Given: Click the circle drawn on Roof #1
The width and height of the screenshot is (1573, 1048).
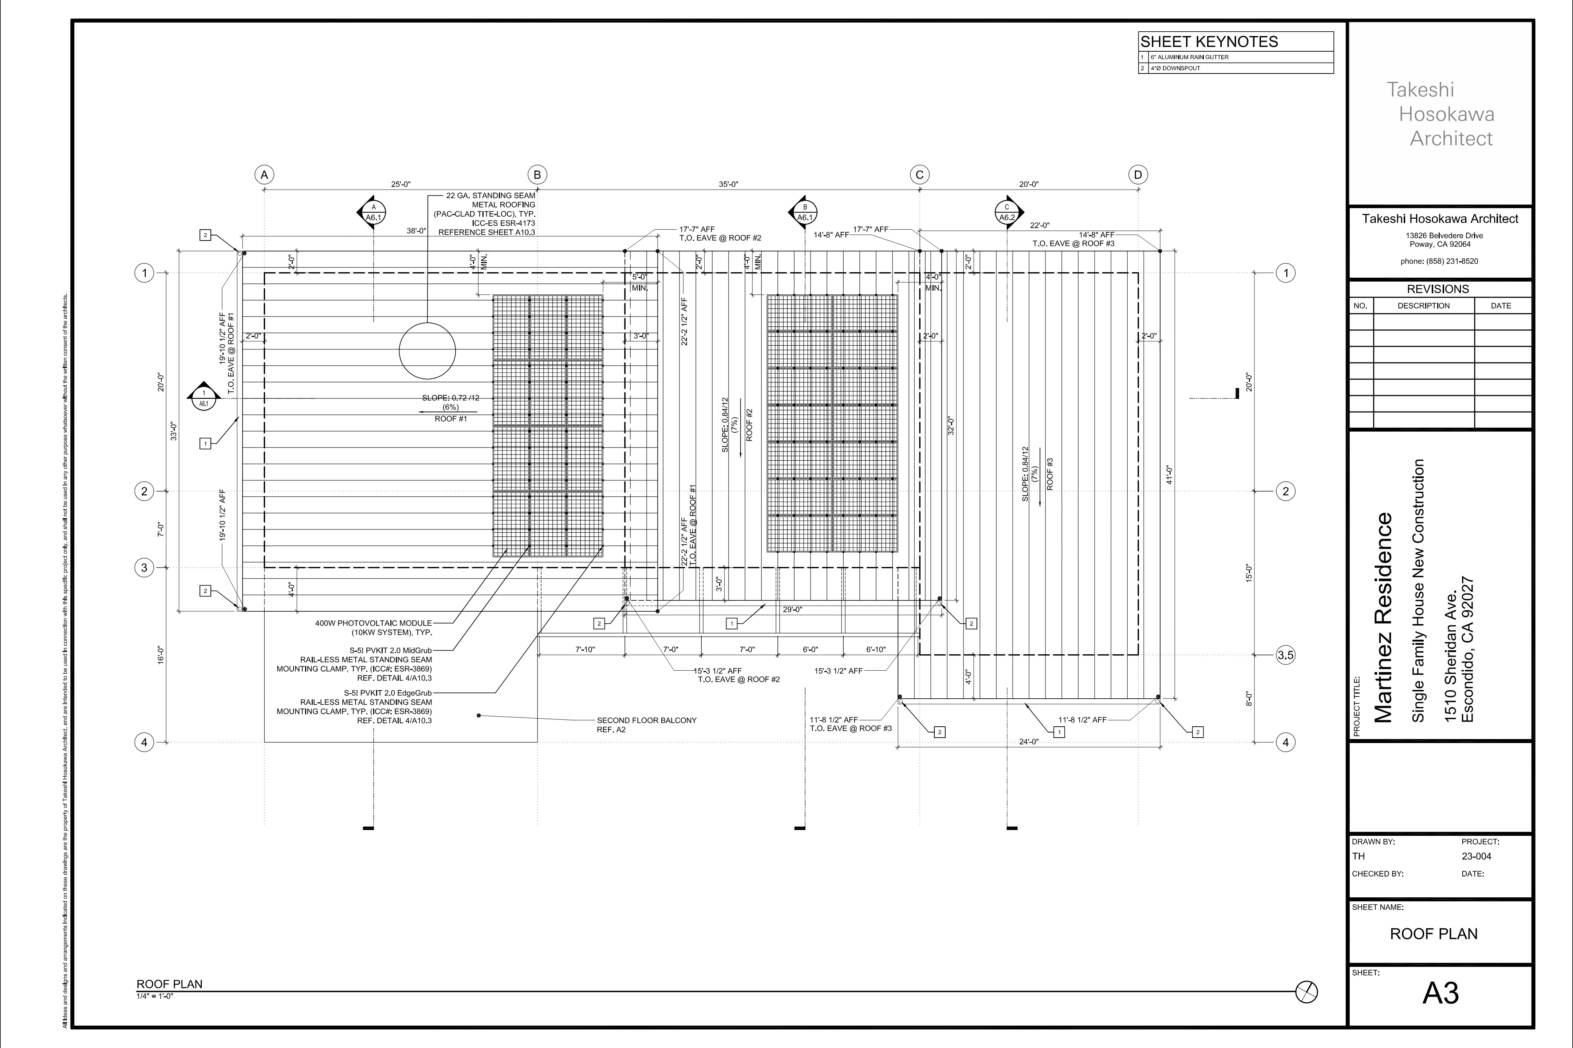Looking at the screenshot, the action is (x=427, y=351).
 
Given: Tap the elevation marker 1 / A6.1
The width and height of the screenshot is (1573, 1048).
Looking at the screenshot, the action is (x=204, y=396).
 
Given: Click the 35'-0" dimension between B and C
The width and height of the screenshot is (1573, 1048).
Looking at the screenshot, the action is (x=728, y=184).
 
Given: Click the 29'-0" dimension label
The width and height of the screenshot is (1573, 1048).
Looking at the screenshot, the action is (x=793, y=610).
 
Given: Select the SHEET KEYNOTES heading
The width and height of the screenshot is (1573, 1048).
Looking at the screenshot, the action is (x=1209, y=41).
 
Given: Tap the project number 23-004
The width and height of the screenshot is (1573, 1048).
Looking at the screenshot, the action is (x=1477, y=856).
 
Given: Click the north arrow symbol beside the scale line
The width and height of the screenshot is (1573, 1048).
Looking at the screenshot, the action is (x=1307, y=992).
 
